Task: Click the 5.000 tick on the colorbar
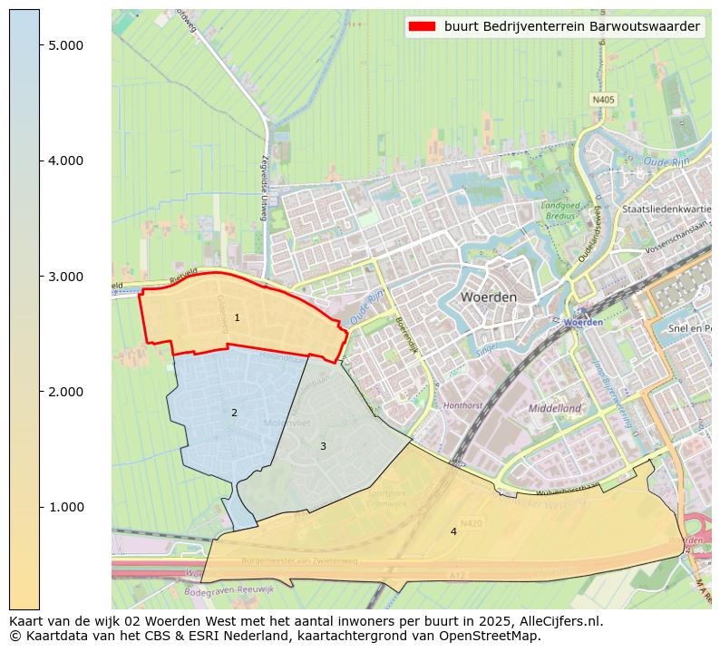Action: (65, 45)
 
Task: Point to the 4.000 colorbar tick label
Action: (65, 161)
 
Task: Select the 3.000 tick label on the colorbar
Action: (65, 276)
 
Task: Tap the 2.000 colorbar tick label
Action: (65, 392)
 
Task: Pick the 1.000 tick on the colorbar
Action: (65, 507)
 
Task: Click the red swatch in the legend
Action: (423, 27)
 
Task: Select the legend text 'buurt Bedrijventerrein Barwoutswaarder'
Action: (571, 27)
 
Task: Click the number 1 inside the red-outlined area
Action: (237, 318)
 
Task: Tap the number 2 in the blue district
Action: (234, 414)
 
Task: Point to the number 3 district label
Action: (323, 446)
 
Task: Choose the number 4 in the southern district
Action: (453, 531)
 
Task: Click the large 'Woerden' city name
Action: (488, 297)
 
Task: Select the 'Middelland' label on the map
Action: (555, 409)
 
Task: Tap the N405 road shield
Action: (603, 100)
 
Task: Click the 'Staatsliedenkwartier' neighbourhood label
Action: (669, 209)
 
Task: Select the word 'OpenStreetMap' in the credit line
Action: (498, 636)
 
